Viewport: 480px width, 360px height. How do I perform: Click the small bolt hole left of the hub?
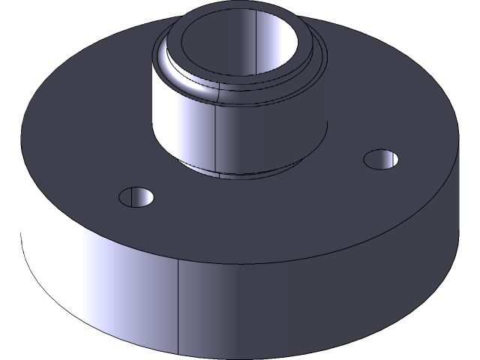136,196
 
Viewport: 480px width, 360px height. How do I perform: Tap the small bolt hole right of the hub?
381,159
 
